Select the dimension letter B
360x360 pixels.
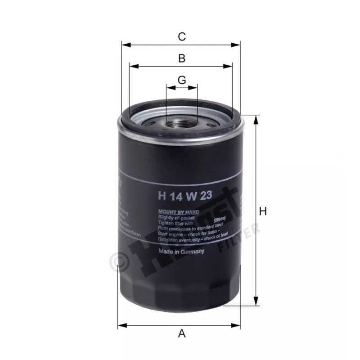tap(182, 58)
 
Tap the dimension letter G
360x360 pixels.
tap(182, 80)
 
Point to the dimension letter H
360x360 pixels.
tap(263, 211)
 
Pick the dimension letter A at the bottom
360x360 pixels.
tap(182, 333)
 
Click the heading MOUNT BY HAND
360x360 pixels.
tap(178, 211)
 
